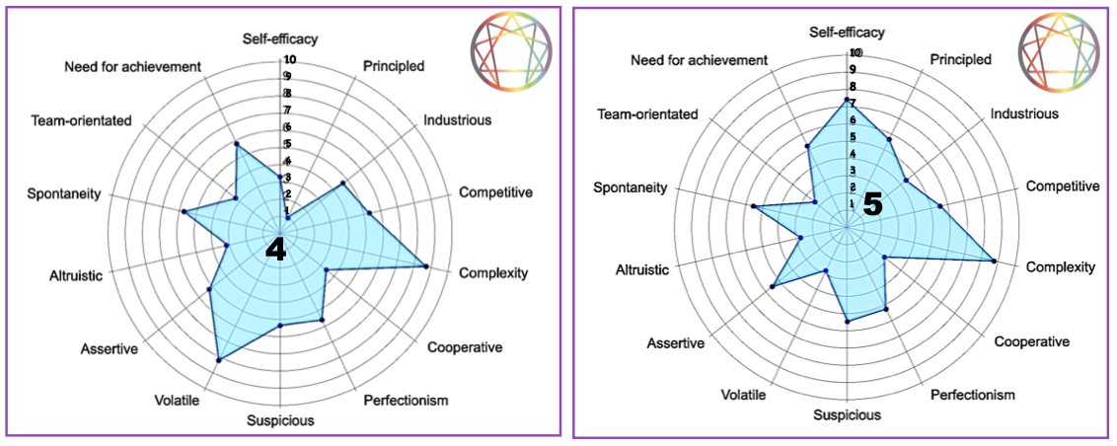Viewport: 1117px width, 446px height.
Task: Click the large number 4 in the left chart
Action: coord(276,250)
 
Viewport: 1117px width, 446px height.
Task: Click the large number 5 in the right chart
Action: coord(872,204)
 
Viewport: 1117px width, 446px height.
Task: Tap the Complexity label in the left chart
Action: coord(493,273)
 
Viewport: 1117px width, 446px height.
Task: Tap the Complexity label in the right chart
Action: coord(1061,267)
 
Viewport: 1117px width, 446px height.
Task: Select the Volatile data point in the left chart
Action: coord(217,361)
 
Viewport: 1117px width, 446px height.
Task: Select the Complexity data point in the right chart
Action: coord(993,261)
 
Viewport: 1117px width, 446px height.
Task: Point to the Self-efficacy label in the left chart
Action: coord(280,39)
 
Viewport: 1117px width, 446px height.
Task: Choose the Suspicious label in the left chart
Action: coord(280,421)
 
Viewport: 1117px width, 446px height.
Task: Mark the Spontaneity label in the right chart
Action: coord(631,187)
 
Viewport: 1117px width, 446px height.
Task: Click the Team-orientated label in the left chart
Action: coord(82,120)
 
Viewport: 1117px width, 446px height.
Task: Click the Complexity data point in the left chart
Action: coord(424,266)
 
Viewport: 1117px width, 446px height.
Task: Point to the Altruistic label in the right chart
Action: coord(642,269)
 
